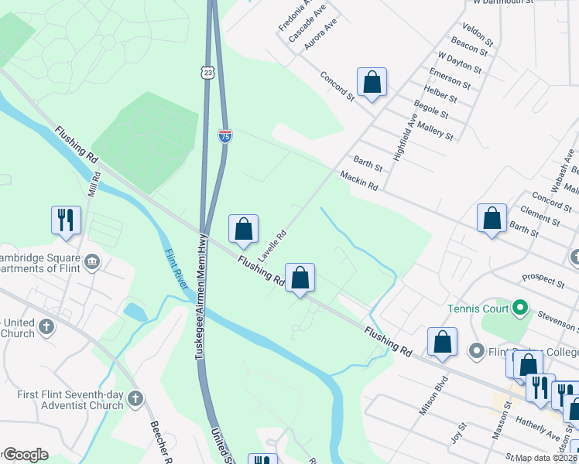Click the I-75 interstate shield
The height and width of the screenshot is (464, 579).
click(224, 136)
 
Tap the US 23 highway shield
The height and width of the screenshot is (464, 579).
click(206, 73)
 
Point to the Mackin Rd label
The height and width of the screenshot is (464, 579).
click(358, 182)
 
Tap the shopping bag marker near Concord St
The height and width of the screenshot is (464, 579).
click(372, 82)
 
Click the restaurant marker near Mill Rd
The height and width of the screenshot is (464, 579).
click(65, 219)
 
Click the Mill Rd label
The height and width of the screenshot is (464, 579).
click(94, 182)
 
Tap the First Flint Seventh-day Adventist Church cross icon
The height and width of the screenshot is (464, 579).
click(135, 399)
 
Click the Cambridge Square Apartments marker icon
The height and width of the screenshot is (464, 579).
click(93, 263)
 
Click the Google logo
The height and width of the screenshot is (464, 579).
click(25, 455)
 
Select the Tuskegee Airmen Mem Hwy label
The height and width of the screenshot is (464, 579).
click(203, 296)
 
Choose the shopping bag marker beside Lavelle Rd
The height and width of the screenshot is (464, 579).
click(243, 227)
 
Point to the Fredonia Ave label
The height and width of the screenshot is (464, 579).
click(294, 16)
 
